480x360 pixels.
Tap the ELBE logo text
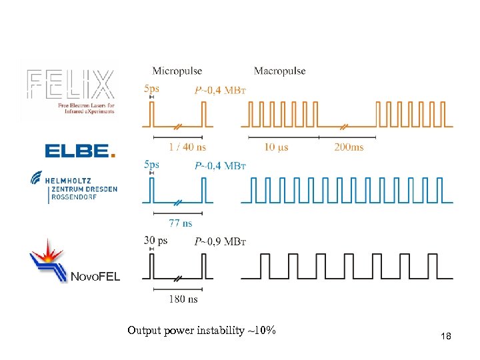pyautogui.click(x=79, y=151)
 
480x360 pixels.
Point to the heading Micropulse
pyautogui.click(x=177, y=71)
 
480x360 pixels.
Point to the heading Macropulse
pyautogui.click(x=279, y=71)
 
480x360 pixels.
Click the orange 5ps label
pyautogui.click(x=151, y=88)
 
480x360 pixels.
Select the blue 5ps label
pyautogui.click(x=151, y=164)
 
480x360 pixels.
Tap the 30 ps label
pyautogui.click(x=155, y=240)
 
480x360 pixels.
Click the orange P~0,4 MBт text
pyautogui.click(x=219, y=90)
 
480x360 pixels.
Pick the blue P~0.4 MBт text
pyautogui.click(x=219, y=165)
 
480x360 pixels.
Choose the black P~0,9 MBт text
pyautogui.click(x=219, y=241)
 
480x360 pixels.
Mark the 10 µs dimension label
pyautogui.click(x=276, y=147)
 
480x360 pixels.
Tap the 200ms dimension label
pyautogui.click(x=349, y=147)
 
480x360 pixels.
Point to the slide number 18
pyautogui.click(x=446, y=337)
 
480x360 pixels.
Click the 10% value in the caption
pyautogui.click(x=266, y=331)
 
